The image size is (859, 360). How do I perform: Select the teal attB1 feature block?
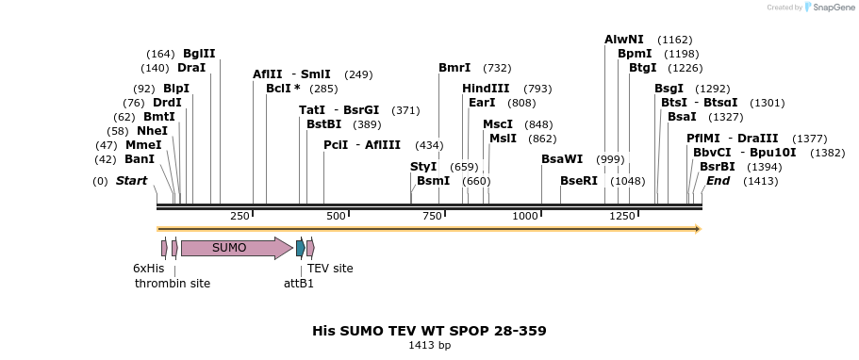click(300, 248)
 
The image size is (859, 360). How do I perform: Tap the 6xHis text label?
click(148, 268)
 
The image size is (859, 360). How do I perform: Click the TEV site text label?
click(330, 268)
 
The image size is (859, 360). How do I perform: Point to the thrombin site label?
click(173, 283)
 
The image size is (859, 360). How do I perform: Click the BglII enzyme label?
click(199, 54)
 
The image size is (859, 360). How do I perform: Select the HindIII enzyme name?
click(486, 89)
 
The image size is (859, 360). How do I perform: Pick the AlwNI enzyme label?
click(624, 40)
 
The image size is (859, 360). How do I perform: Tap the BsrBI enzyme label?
click(718, 167)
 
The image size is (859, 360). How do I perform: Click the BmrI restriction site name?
click(454, 68)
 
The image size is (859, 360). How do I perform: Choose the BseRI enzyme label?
click(579, 181)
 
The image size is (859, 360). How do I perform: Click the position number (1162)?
click(675, 40)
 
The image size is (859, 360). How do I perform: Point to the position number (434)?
click(429, 145)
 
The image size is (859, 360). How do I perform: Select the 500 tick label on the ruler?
click(336, 217)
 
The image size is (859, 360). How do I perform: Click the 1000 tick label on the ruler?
click(525, 217)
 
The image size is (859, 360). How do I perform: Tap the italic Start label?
click(131, 181)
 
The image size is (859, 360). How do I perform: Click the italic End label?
click(718, 181)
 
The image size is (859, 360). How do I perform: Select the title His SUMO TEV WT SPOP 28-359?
click(429, 331)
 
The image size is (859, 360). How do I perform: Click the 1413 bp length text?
click(429, 346)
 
